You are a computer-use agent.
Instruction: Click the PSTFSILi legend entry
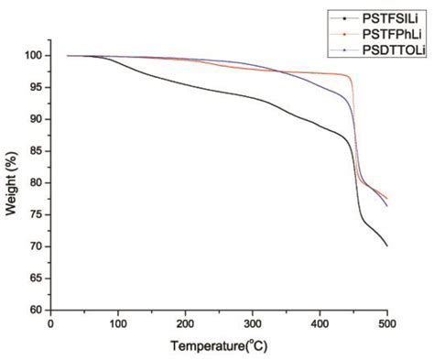click(x=388, y=17)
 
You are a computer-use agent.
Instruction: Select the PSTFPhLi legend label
click(x=390, y=33)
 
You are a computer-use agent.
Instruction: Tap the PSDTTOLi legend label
click(x=393, y=48)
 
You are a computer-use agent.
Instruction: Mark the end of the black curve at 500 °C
click(x=387, y=245)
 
